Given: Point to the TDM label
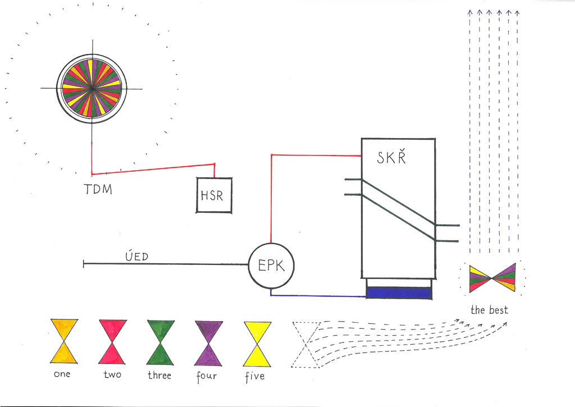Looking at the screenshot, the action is coord(98,189).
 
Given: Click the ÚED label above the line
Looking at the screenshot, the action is coord(137,256).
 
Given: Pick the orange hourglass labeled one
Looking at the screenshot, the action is coord(64,341).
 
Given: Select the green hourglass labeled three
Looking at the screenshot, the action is coord(161,342).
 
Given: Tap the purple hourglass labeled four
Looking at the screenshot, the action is coord(209,343).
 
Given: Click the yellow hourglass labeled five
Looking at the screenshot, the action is coord(257,344).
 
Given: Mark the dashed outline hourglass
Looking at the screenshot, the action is coord(306,345).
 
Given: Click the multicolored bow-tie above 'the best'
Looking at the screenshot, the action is coord(492,278).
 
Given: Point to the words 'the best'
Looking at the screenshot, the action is coord(489,310).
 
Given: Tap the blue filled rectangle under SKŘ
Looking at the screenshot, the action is coord(399,293).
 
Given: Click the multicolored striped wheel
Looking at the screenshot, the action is coord(92,88).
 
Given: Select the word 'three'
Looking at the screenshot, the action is coord(159,375).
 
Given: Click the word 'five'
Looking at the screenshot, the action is coord(255,377).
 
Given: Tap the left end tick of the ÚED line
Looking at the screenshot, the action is coord(84,264).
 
